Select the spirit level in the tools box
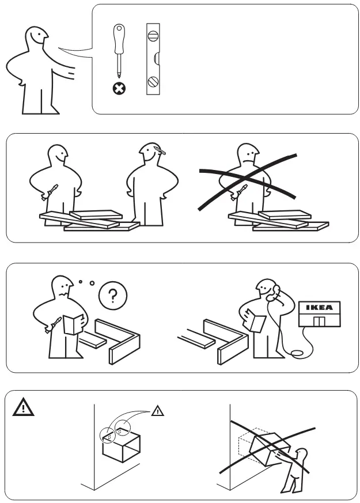coord(153,59)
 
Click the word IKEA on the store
coord(319,307)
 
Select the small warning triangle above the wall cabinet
coord(158,411)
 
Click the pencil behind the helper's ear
coord(161,152)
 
